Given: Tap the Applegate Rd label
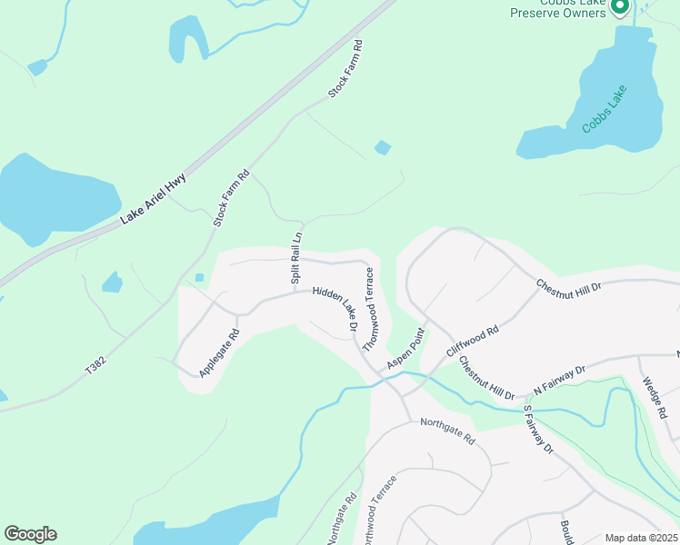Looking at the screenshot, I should pos(219,353).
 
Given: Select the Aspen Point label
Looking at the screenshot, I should pos(405,348).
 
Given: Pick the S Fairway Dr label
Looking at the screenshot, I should pos(538,429).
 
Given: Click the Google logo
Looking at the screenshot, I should pos(30,534).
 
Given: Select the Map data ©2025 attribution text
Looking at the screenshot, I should pos(641,537).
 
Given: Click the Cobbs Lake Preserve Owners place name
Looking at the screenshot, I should pos(558,8).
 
